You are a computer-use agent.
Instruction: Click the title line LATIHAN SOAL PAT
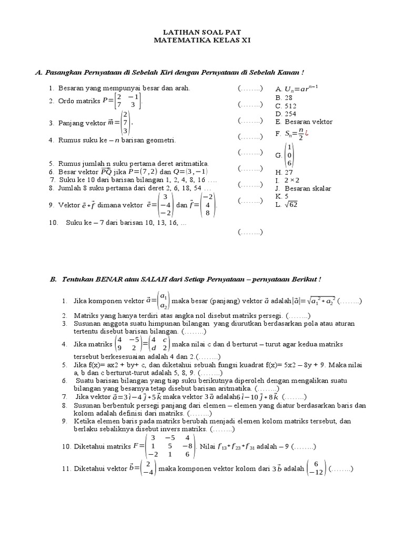click(x=202, y=32)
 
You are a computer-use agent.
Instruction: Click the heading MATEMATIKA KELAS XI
click(x=202, y=40)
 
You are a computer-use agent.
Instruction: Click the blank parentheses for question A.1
click(x=250, y=89)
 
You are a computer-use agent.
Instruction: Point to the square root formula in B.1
click(x=314, y=301)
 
